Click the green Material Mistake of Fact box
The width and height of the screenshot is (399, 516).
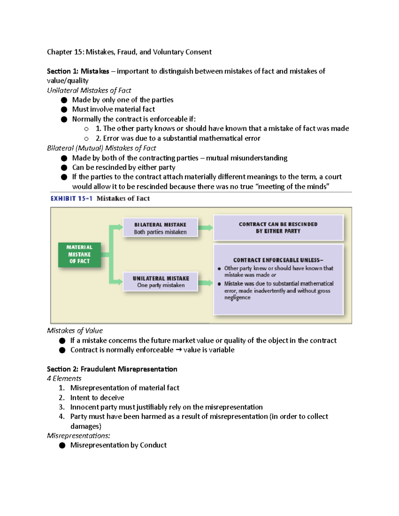tap(79, 255)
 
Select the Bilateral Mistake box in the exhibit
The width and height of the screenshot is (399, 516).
tap(160, 228)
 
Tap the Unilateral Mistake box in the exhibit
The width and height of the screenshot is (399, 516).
tap(161, 282)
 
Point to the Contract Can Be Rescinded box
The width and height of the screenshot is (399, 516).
tap(278, 228)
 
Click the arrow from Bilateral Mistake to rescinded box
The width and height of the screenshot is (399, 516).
tap(205, 228)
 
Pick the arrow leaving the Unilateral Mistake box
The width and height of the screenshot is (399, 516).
tap(205, 283)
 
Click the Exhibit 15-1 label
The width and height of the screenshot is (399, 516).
tap(71, 199)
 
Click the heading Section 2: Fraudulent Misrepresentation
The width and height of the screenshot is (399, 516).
tap(112, 369)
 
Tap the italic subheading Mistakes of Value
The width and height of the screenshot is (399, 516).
tap(75, 331)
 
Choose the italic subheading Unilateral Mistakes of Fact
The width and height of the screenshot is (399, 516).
tap(89, 90)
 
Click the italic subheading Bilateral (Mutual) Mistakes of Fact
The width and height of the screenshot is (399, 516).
tap(101, 148)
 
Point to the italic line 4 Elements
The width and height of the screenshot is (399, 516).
tap(64, 378)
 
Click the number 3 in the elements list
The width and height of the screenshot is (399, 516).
tap(61, 407)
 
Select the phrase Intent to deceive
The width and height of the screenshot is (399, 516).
tap(97, 398)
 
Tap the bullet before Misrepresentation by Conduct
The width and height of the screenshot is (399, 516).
tap(62, 446)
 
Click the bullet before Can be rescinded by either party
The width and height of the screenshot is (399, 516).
tap(64, 167)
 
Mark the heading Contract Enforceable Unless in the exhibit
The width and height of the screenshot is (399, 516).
tap(278, 260)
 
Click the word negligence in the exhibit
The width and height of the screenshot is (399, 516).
tap(237, 298)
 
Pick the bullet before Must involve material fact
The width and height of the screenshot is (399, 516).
tap(64, 109)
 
